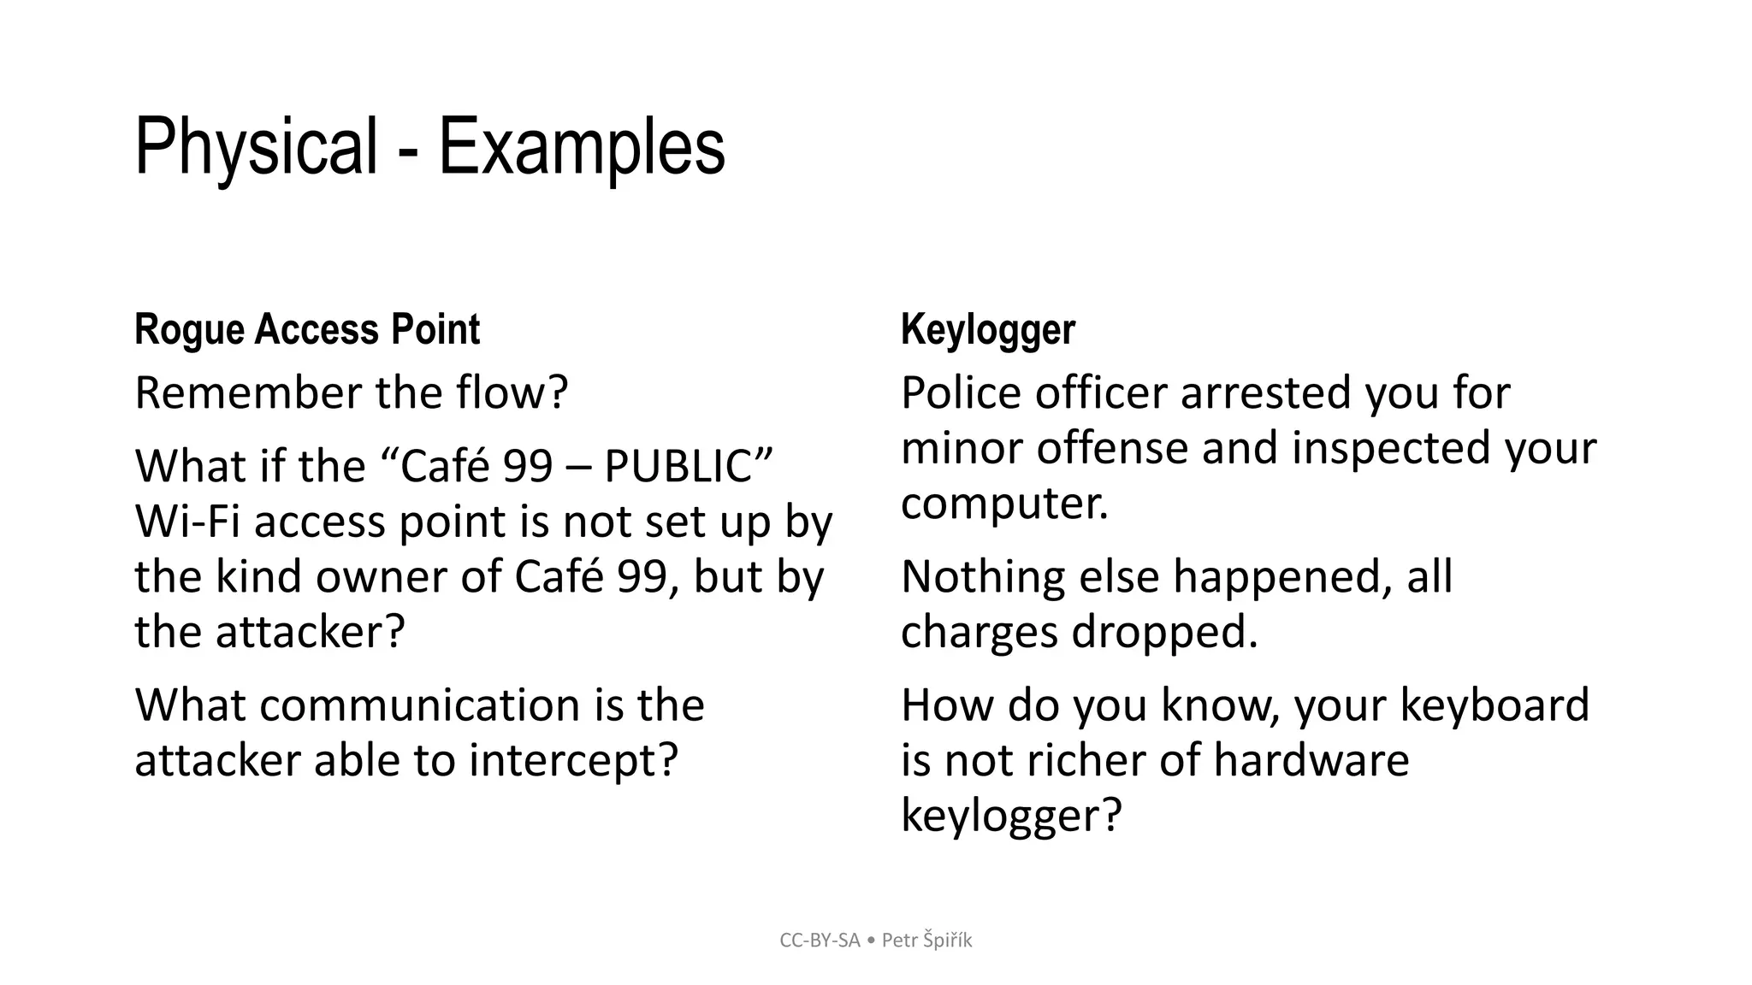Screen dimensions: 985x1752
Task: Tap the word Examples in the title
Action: pos(582,147)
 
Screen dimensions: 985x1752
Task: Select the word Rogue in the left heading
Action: pos(189,330)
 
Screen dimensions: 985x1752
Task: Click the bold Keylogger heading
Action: pos(988,330)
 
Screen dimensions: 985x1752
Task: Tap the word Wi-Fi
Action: pos(187,522)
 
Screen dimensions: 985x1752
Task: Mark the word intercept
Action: pos(573,760)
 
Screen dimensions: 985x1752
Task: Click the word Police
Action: pos(961,393)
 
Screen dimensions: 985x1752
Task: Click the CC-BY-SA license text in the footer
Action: pos(820,941)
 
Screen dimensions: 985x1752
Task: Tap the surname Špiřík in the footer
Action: pos(948,941)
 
